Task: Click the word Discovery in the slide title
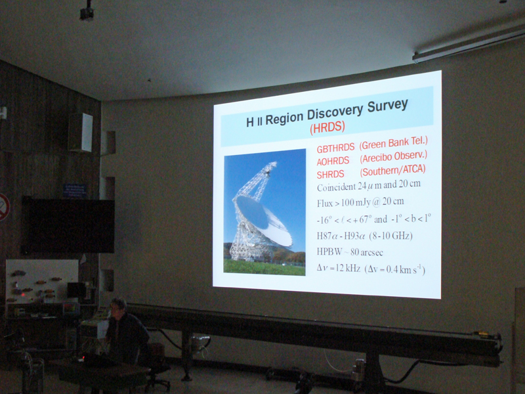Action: point(335,112)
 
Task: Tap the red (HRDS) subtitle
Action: point(327,127)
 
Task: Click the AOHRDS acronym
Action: point(333,162)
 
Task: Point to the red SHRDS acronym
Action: point(330,175)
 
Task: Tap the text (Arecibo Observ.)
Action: point(393,157)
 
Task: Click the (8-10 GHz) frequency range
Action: point(390,236)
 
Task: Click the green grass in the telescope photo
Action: point(264,267)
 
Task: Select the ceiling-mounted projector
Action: point(87,12)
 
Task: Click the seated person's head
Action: point(118,307)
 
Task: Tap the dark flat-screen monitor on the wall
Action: point(68,225)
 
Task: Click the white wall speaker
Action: point(81,133)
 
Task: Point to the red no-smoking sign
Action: point(3,207)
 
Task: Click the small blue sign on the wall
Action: point(75,190)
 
